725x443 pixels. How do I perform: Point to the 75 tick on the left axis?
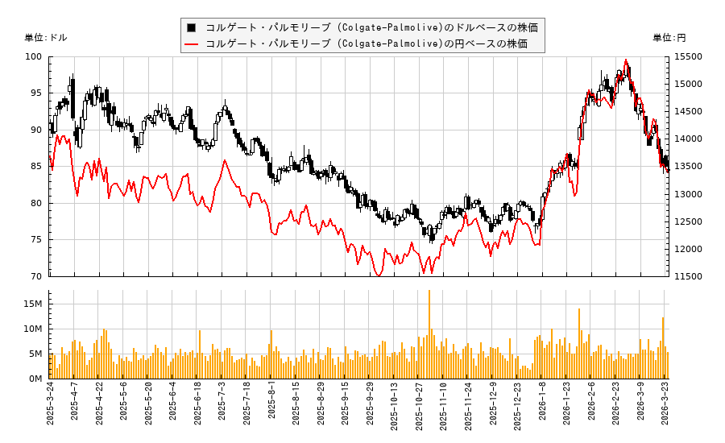[x=35, y=240]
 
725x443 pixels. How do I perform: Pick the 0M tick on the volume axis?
[x=35, y=379]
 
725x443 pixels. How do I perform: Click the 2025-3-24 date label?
[x=50, y=411]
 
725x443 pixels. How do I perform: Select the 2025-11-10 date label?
[x=444, y=411]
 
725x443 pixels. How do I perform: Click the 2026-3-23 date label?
[x=665, y=411]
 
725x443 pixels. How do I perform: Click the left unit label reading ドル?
[x=47, y=38]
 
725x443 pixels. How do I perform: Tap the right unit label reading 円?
[x=669, y=38]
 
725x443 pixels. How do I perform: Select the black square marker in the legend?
[x=192, y=27]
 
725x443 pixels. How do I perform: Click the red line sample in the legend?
[x=192, y=43]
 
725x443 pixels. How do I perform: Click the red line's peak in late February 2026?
[x=626, y=60]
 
